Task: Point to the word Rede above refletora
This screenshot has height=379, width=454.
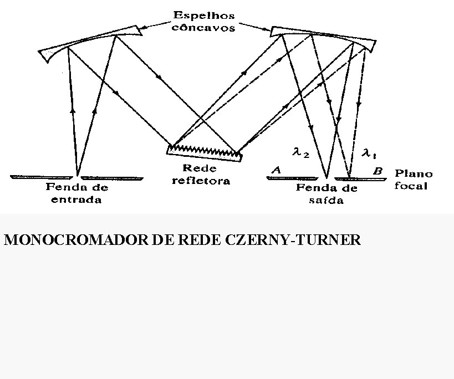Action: pos(200,168)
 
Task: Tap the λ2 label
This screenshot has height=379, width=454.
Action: pos(300,152)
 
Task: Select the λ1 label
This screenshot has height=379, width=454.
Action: pos(369,152)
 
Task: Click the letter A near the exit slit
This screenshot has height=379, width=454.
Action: pos(276,171)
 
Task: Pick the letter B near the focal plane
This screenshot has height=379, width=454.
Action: pos(378,172)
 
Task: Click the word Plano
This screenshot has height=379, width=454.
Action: pos(414,174)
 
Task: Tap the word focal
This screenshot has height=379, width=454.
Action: pos(411,186)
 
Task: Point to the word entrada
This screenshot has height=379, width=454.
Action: pos(76,200)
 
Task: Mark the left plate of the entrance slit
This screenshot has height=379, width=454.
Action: pos(41,177)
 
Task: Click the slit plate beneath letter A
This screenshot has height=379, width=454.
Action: pos(292,178)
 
